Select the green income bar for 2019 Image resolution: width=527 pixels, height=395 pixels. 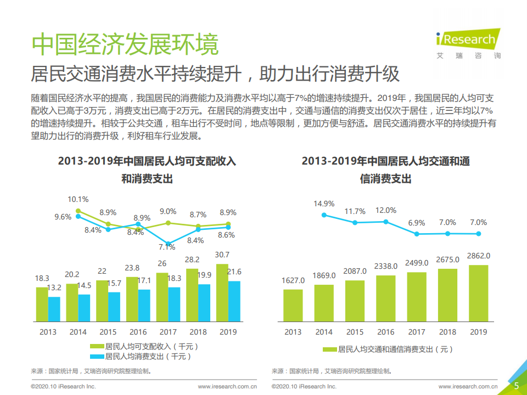(x=222, y=292)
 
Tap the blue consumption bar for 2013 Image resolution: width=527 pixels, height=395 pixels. (x=54, y=308)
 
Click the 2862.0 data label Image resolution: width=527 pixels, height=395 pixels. (x=479, y=256)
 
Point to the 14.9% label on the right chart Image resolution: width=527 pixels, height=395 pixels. (x=324, y=204)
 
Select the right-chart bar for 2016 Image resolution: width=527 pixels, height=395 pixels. (x=386, y=298)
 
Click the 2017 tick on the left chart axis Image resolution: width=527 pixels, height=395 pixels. (x=168, y=332)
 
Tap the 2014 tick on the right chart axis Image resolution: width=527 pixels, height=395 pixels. (x=324, y=332)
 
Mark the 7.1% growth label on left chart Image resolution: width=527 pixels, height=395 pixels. (x=167, y=247)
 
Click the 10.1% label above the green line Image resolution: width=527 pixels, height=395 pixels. (x=78, y=199)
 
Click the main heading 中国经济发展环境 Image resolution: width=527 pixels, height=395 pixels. (x=125, y=44)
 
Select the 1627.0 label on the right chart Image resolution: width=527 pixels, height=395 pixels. (x=294, y=280)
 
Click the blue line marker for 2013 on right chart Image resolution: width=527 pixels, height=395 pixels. (x=324, y=215)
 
